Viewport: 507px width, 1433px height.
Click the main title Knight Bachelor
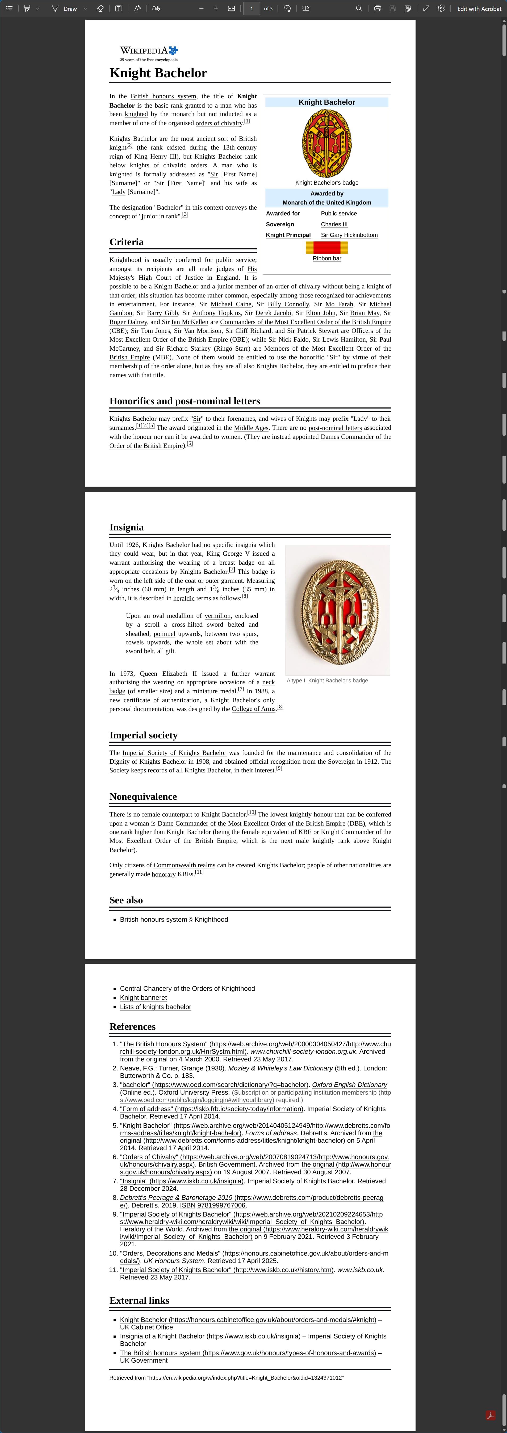pyautogui.click(x=158, y=73)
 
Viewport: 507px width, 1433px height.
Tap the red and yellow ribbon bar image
pyautogui.click(x=327, y=248)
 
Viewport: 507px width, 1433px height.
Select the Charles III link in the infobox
pyautogui.click(x=334, y=224)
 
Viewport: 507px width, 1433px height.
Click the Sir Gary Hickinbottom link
pyautogui.click(x=349, y=235)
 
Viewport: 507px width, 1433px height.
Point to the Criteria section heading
pyautogui.click(x=126, y=242)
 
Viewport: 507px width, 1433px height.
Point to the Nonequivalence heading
pyautogui.click(x=143, y=797)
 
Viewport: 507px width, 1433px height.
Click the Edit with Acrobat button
pyautogui.click(x=479, y=8)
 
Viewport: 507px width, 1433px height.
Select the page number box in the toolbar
pyautogui.click(x=252, y=8)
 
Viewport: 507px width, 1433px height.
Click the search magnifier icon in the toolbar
pyautogui.click(x=359, y=8)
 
